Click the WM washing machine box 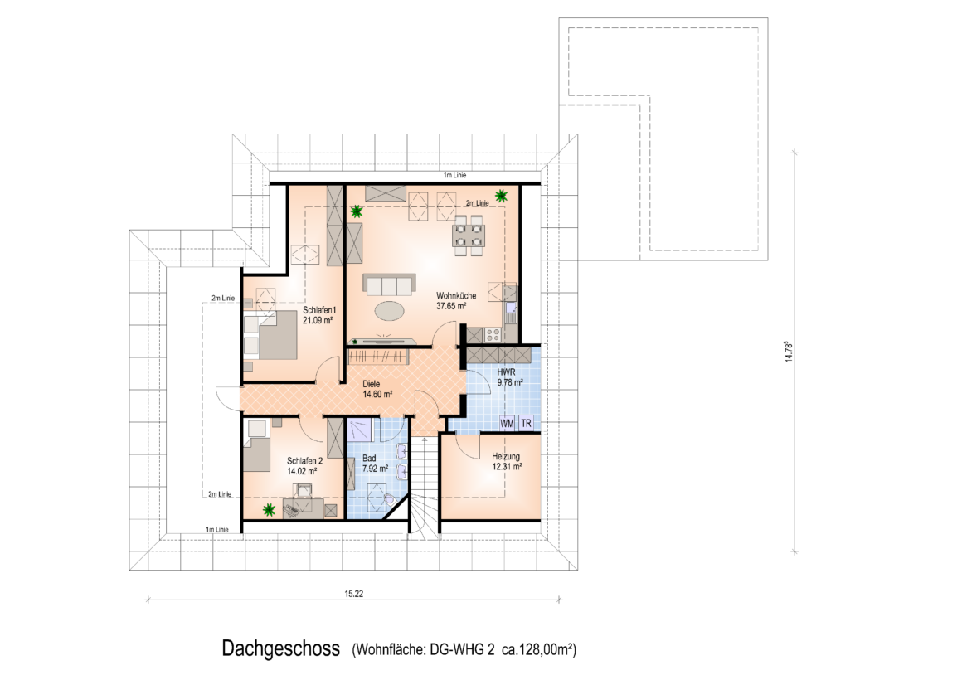coord(507,424)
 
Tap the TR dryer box coord(526,424)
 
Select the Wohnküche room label coord(456,296)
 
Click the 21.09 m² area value coord(318,320)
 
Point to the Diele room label coord(372,384)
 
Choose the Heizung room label coord(506,457)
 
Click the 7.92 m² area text coord(375,469)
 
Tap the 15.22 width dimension coord(354,594)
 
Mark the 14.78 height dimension coord(789,352)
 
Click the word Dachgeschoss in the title coord(281,648)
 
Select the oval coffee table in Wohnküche coord(391,310)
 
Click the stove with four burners coord(493,334)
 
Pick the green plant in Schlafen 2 coord(268,509)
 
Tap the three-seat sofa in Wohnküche coord(390,284)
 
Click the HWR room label coord(506,372)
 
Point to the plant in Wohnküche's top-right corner coord(502,195)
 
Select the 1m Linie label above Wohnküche coord(454,176)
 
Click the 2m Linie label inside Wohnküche coord(477,203)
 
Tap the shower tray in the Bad coord(361,430)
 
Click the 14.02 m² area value coord(303,471)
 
